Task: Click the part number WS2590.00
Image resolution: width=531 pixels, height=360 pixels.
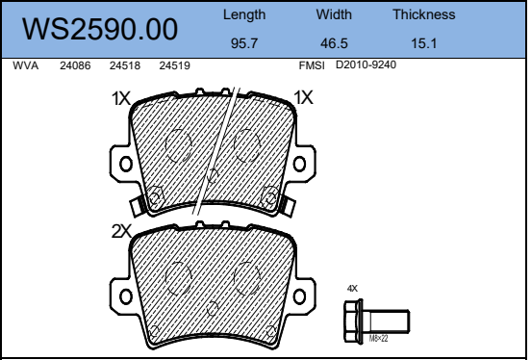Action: [x=100, y=29]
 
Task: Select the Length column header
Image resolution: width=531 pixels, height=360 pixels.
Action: [x=244, y=15]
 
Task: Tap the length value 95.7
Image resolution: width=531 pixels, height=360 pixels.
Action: [x=244, y=43]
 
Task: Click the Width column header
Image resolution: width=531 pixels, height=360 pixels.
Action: [x=334, y=14]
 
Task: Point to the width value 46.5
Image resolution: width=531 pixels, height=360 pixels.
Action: [x=334, y=43]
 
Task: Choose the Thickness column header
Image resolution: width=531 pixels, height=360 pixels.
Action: [x=424, y=14]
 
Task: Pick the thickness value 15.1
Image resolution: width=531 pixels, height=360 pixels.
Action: [x=424, y=43]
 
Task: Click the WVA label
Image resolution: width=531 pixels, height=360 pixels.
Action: [x=25, y=65]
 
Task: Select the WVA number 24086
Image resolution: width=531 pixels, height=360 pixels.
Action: [x=75, y=65]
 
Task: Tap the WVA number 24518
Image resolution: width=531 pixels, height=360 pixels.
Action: [x=125, y=65]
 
